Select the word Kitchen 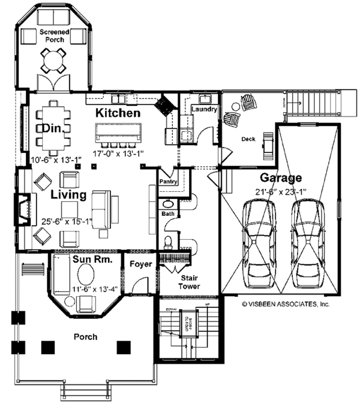pyautogui.click(x=118, y=113)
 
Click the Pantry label pyautogui.click(x=167, y=181)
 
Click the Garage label pyautogui.click(x=280, y=178)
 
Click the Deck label pyautogui.click(x=248, y=139)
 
